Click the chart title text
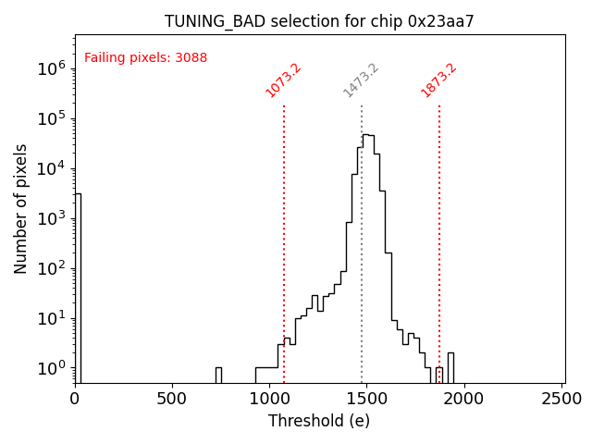tap(319, 21)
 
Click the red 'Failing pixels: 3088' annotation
tap(146, 58)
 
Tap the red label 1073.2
tap(284, 80)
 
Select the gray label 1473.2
tap(361, 80)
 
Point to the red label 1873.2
tap(438, 80)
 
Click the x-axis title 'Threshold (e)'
tap(319, 421)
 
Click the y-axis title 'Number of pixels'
tap(21, 208)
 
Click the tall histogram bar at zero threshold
tap(78, 287)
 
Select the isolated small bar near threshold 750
tap(218, 375)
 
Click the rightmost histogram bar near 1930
tap(450, 367)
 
